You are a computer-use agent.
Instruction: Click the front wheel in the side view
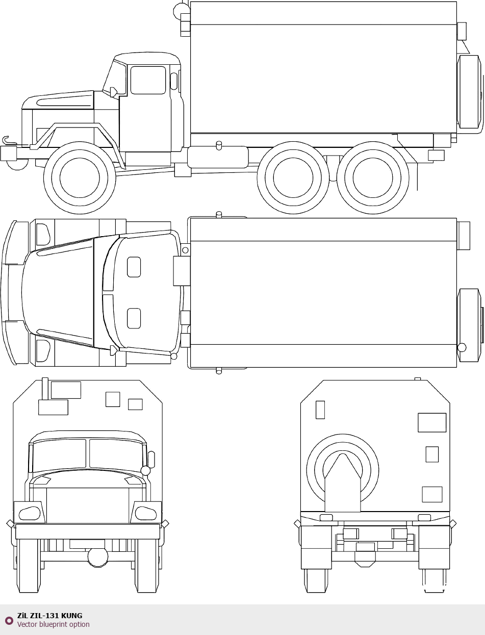tap(80, 177)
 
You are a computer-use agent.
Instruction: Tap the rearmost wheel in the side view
tap(373, 177)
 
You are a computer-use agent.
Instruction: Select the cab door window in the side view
tap(148, 80)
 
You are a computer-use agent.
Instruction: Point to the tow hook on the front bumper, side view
tap(6, 140)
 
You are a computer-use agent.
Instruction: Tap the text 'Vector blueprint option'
tap(53, 624)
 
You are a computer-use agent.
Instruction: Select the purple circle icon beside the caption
tap(9, 621)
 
